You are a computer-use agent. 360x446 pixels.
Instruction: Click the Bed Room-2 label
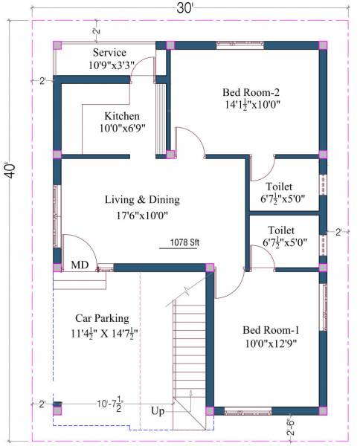click(251, 92)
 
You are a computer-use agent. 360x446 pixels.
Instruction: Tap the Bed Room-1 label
click(272, 329)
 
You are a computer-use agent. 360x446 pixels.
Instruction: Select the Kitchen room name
click(121, 116)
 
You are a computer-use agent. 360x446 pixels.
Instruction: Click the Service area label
click(109, 53)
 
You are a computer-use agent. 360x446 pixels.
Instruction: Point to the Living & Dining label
click(141, 200)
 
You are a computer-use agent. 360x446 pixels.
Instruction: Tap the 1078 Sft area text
click(183, 242)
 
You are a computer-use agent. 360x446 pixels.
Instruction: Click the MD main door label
click(80, 265)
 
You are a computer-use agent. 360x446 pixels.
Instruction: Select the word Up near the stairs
click(158, 411)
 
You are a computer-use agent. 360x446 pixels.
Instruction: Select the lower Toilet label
click(281, 230)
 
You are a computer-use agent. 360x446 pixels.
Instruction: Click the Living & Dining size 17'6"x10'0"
click(141, 216)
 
